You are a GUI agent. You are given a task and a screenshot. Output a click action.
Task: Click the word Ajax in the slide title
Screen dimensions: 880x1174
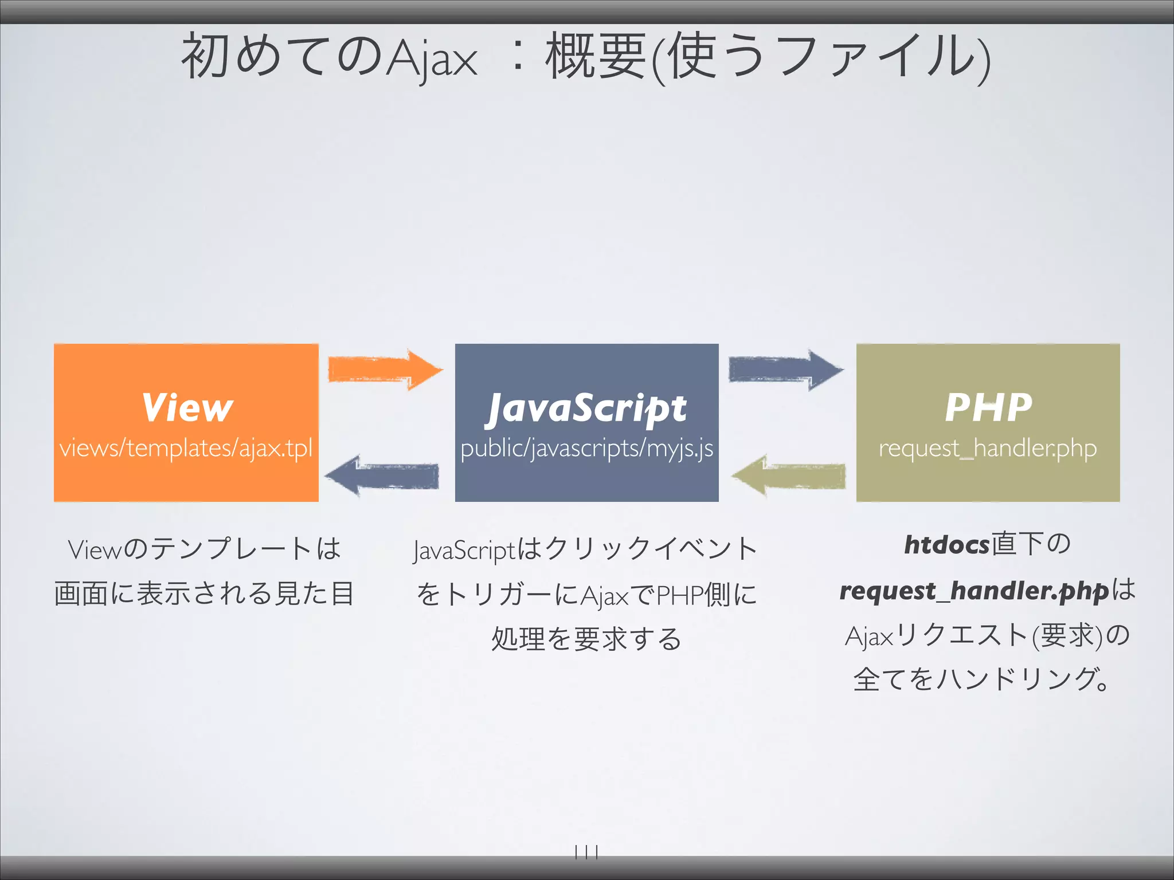click(431, 57)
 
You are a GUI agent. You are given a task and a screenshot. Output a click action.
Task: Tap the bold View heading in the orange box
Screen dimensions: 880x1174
click(187, 407)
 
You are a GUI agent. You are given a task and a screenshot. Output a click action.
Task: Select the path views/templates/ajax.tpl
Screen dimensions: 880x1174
click(186, 447)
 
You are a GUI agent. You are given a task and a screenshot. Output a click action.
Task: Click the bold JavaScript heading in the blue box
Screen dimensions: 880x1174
click(586, 408)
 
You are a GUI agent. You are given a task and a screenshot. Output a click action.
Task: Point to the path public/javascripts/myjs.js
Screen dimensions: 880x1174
click(586, 448)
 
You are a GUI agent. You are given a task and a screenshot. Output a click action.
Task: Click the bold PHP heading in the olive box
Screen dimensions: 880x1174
click(988, 407)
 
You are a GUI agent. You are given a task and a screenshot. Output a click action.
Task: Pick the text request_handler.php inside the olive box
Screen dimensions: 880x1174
click(987, 448)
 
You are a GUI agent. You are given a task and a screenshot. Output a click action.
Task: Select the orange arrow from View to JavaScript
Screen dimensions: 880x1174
click(384, 370)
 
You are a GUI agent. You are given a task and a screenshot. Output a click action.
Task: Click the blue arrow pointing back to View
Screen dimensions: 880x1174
click(382, 476)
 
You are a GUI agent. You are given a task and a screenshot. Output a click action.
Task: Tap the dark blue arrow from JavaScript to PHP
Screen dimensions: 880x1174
click(785, 370)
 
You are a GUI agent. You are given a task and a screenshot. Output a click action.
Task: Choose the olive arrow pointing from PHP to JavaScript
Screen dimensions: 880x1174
click(788, 476)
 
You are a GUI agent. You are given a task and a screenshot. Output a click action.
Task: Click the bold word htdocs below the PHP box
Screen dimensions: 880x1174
click(946, 544)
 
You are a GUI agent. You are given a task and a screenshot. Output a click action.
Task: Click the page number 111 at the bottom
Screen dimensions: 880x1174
click(586, 852)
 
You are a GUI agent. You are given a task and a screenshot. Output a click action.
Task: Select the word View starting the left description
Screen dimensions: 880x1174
click(95, 549)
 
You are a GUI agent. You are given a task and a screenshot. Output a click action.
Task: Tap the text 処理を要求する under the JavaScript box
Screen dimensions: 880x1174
click(586, 639)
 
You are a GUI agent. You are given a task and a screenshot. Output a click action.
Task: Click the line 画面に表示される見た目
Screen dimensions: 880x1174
click(204, 594)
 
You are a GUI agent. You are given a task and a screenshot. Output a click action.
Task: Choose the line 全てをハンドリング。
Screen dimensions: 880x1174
click(981, 680)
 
